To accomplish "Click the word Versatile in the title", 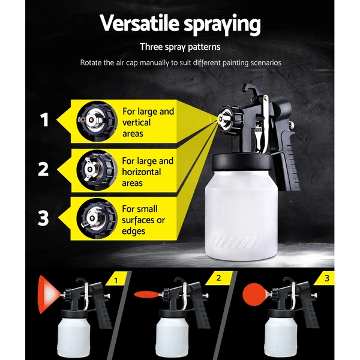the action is [139, 23].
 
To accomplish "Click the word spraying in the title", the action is [222, 25].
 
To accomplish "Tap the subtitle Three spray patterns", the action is [180, 47].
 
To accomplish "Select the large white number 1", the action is [44, 119].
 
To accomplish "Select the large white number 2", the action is [43, 169].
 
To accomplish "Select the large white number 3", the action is [43, 218].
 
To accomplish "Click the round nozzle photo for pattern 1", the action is [97, 121].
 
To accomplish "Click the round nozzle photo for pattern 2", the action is [97, 170].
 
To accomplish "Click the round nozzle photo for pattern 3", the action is [97, 218].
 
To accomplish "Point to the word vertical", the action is [136, 122].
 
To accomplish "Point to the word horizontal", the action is [141, 172].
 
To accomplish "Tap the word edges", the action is [133, 231].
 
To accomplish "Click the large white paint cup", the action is [241, 214].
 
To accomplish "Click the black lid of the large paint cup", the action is [241, 161].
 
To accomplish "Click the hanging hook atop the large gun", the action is [250, 89].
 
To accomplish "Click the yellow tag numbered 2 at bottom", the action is [219, 278].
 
